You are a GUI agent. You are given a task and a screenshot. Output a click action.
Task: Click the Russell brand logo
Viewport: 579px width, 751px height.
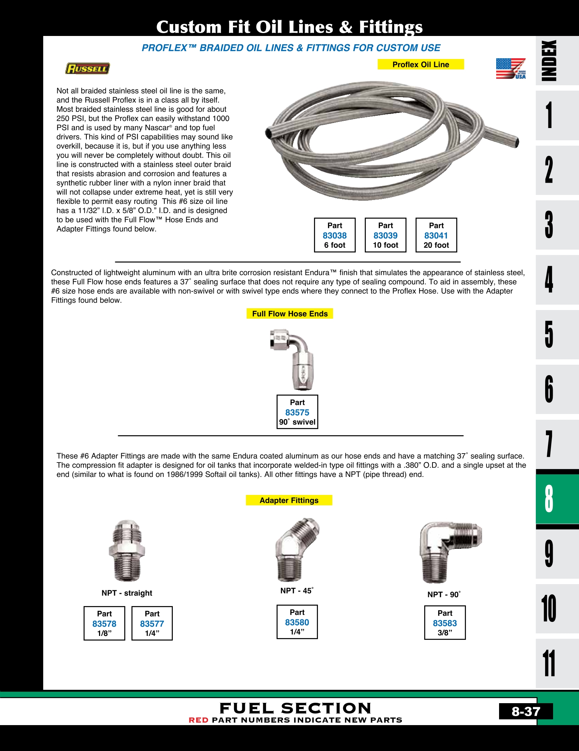[x=87, y=68]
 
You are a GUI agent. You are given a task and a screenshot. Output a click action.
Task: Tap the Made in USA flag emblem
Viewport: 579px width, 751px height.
[x=511, y=68]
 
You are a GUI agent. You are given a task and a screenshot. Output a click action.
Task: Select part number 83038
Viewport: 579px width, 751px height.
[x=335, y=236]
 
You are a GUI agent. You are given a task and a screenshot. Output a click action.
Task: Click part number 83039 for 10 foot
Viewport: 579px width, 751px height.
[x=385, y=236]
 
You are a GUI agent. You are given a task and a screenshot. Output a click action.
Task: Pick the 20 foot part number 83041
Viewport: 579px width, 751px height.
[x=436, y=236]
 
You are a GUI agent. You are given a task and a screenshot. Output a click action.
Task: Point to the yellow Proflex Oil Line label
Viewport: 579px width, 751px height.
[x=421, y=64]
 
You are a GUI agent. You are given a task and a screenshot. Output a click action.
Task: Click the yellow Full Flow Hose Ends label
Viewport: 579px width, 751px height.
[x=290, y=314]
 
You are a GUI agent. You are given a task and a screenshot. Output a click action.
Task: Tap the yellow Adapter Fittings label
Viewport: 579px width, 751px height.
[x=289, y=500]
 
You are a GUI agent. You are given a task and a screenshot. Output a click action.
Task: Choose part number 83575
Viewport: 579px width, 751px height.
[x=297, y=413]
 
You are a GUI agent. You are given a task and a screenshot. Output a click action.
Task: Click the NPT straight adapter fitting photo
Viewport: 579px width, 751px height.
[x=127, y=550]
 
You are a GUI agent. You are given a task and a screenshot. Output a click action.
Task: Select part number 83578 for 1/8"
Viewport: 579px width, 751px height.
[x=104, y=624]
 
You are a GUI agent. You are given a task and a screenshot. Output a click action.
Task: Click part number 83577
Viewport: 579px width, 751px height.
[x=152, y=624]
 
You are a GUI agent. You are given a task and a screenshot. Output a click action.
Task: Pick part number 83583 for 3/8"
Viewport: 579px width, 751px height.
[x=445, y=623]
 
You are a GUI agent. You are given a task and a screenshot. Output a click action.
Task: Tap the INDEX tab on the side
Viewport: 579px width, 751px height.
[x=549, y=60]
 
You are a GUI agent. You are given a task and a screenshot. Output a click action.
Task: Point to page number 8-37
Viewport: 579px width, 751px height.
[x=526, y=711]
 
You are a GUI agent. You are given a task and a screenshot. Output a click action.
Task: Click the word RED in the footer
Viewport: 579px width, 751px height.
[x=198, y=720]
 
